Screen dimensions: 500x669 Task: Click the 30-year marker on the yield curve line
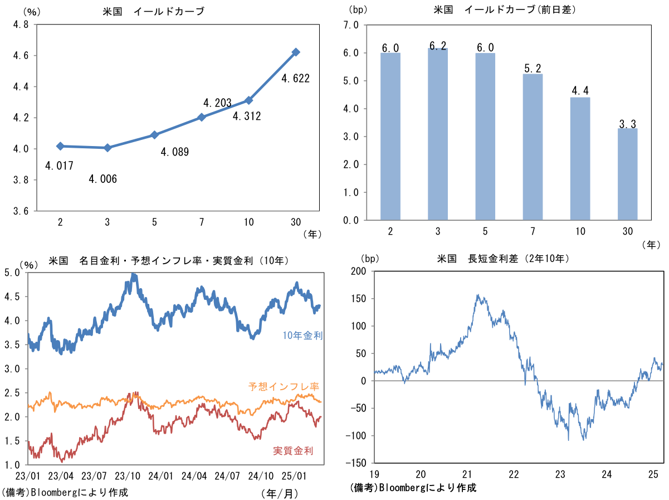pos(296,52)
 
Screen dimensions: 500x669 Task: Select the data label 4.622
pos(295,79)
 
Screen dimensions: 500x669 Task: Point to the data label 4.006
pos(102,179)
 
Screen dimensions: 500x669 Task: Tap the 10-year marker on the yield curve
pos(248,100)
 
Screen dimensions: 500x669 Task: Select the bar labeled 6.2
pos(437,134)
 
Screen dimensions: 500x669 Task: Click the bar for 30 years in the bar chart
pos(627,174)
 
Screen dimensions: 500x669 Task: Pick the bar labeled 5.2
pos(532,147)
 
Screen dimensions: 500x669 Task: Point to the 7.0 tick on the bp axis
pos(351,25)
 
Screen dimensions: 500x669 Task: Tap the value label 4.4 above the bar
pos(580,89)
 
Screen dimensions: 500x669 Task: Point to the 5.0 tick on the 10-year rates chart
pos(12,273)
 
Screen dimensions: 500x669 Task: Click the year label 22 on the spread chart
pos(514,474)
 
